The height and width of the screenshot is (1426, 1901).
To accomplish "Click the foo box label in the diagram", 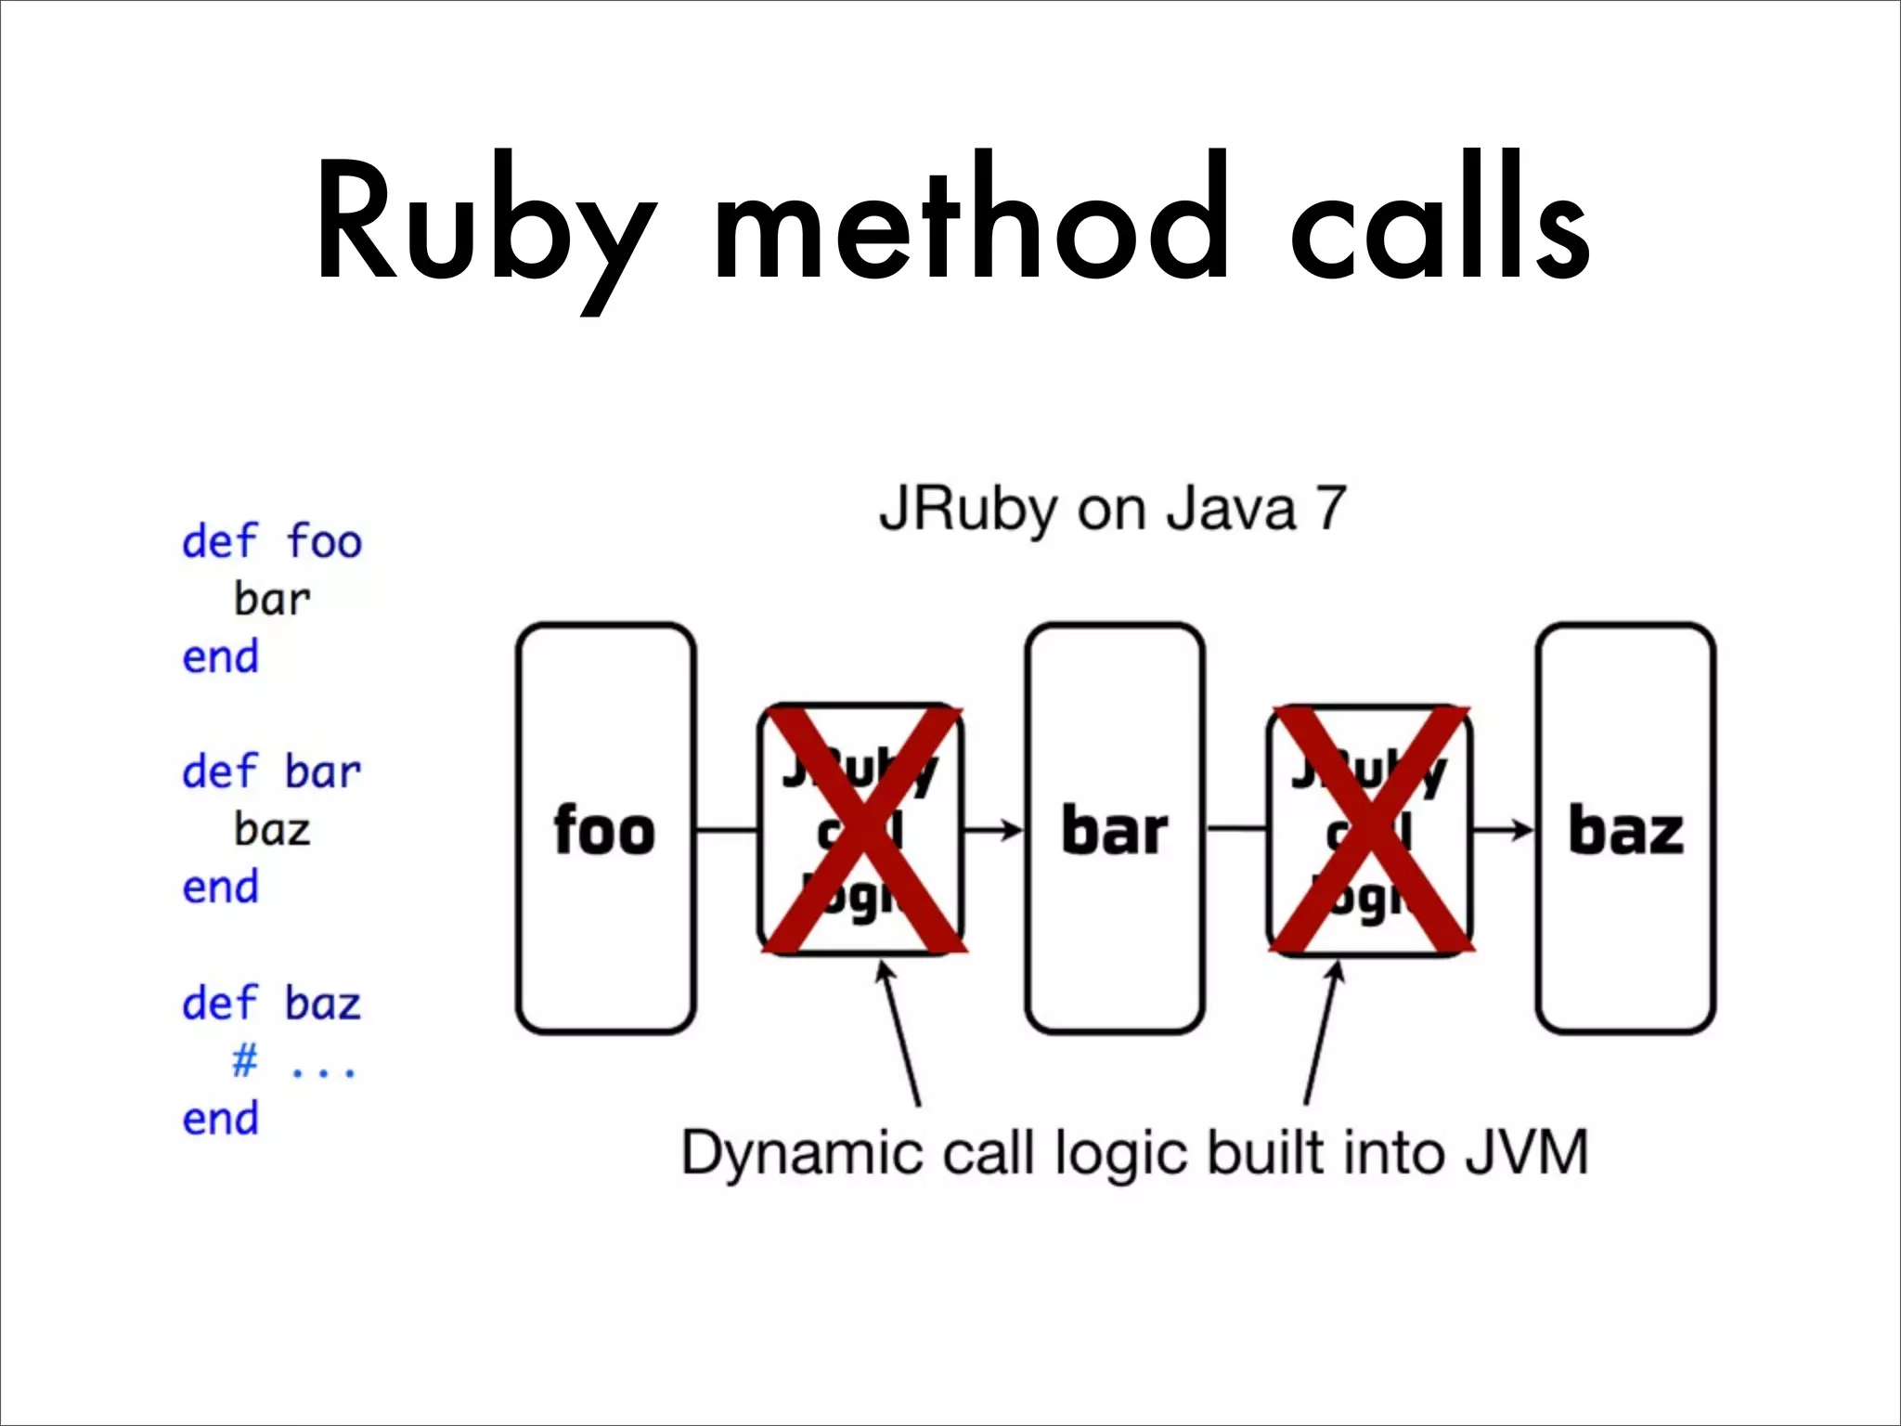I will point(604,830).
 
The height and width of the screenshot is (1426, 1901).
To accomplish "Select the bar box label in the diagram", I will point(1114,830).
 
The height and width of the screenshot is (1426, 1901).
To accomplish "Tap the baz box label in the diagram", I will point(1625,830).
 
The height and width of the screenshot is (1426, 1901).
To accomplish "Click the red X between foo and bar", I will point(862,829).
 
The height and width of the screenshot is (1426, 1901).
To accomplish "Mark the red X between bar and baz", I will point(1371,829).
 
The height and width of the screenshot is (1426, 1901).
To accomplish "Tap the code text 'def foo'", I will point(271,541).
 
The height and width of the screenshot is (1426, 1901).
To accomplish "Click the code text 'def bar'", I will point(271,772).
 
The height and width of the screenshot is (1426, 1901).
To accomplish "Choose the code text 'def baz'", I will point(271,1004).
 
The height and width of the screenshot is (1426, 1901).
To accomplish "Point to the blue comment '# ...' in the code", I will point(293,1061).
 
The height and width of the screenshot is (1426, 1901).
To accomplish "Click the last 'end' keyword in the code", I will point(220,1119).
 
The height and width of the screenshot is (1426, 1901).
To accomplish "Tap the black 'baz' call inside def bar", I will point(272,830).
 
